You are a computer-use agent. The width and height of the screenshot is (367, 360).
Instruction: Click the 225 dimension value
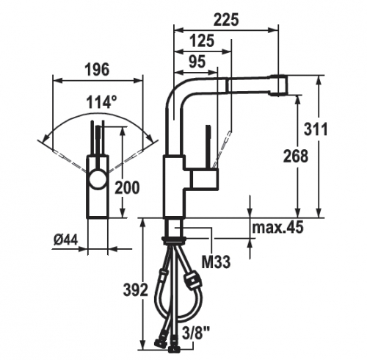coord(225,20)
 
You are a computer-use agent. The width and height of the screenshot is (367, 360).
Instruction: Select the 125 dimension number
coord(202,41)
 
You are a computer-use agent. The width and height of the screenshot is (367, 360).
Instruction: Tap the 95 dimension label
coord(197,62)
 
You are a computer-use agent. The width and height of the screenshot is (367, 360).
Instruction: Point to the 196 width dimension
coord(97,69)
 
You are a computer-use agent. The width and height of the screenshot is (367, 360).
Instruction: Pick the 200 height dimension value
coord(127,188)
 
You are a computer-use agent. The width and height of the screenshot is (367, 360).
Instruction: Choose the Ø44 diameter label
coord(65,240)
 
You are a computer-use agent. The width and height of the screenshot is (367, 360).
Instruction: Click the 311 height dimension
coord(316,129)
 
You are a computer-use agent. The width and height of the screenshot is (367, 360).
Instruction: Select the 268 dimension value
coord(296,156)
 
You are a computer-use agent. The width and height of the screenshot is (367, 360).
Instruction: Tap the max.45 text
coord(277,227)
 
